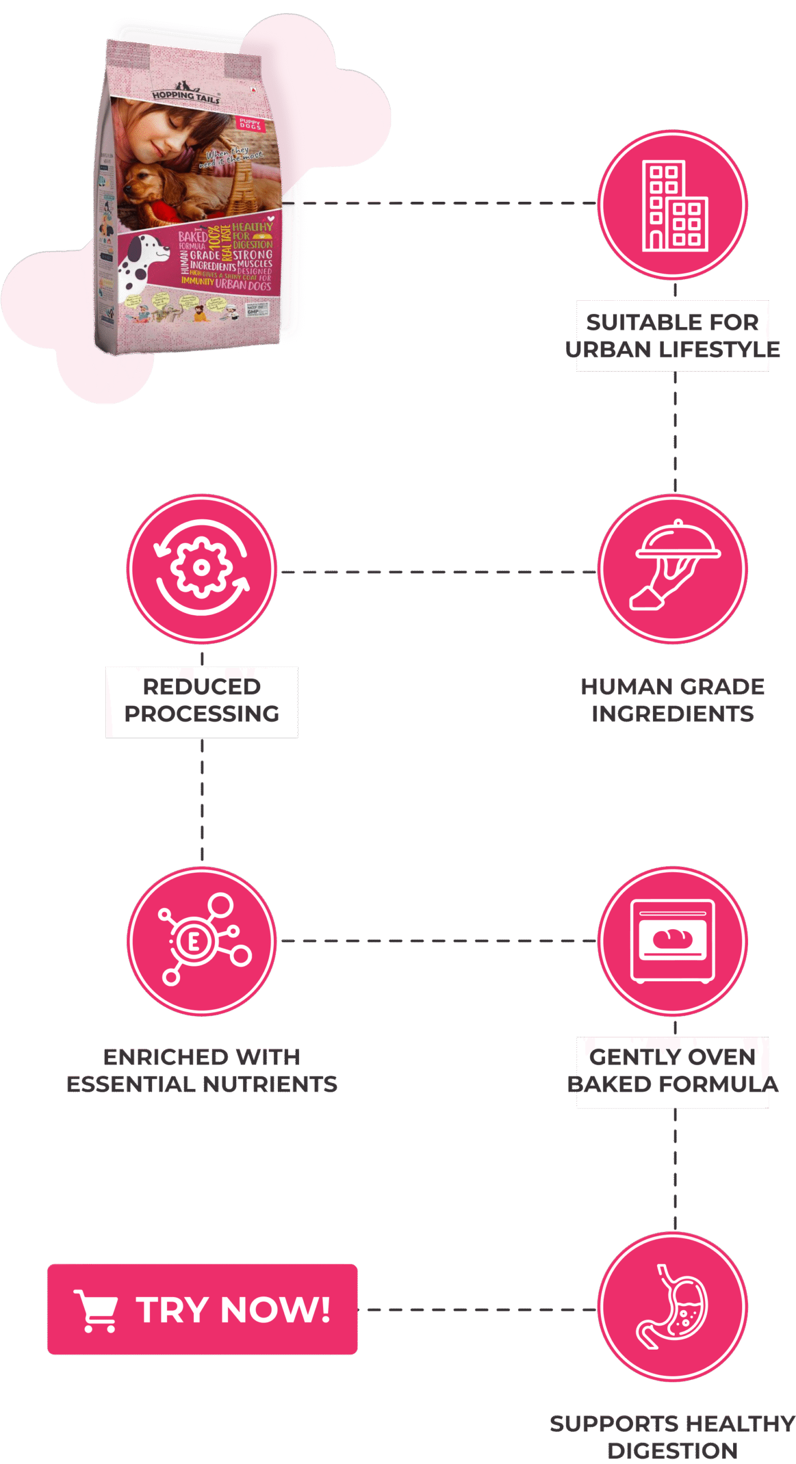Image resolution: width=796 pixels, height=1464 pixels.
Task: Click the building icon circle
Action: [x=673, y=205]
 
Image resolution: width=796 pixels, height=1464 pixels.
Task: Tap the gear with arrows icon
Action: [x=202, y=568]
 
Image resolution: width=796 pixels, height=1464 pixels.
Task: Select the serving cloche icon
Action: [x=673, y=568]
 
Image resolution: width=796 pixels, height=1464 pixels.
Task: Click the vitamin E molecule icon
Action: [x=202, y=940]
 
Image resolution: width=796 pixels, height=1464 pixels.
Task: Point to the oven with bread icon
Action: [x=673, y=940]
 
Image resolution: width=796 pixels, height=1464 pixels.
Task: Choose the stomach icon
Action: [x=673, y=1308]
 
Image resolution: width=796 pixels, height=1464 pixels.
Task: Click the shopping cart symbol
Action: [x=96, y=1310]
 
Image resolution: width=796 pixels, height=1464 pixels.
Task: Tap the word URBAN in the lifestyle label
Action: [x=610, y=349]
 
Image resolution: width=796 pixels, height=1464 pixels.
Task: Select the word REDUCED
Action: [x=202, y=687]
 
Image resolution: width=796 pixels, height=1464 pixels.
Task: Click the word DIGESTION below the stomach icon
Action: [x=672, y=1451]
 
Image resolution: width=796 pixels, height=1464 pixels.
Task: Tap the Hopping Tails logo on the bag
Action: [x=186, y=94]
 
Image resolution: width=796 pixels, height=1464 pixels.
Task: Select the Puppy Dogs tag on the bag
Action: [x=250, y=124]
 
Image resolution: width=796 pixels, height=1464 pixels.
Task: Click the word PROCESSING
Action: [x=202, y=714]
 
